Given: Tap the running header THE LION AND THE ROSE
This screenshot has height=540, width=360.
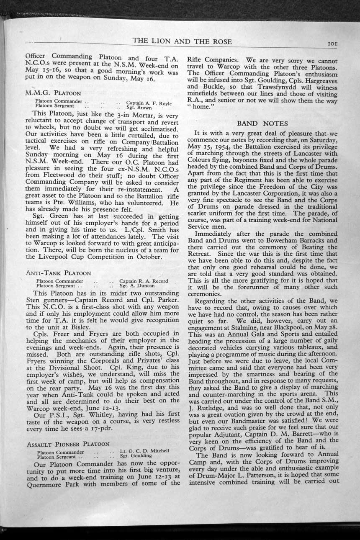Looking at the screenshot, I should click(x=182, y=41).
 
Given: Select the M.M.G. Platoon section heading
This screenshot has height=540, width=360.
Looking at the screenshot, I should click(x=53, y=93).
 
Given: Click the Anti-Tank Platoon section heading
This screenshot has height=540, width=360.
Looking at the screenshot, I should click(x=57, y=273).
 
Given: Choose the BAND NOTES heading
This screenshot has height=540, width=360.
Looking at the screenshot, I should click(x=262, y=123).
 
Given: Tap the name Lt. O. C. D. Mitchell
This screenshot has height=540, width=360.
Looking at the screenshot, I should click(x=144, y=451).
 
